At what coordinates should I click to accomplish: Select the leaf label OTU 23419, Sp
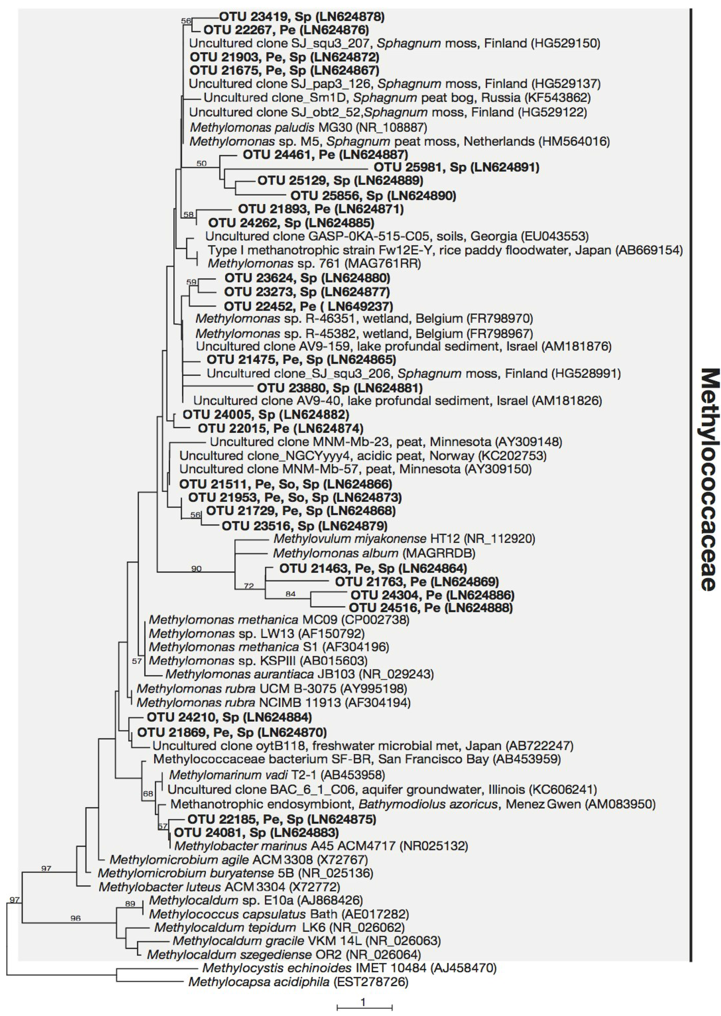click(301, 17)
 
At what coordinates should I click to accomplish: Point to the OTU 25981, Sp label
click(456, 167)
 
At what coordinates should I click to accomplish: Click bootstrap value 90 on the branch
click(196, 568)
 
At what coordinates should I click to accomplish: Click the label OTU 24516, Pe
click(431, 607)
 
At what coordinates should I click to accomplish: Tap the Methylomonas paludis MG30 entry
click(308, 127)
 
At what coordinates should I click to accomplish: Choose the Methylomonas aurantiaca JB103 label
click(299, 674)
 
